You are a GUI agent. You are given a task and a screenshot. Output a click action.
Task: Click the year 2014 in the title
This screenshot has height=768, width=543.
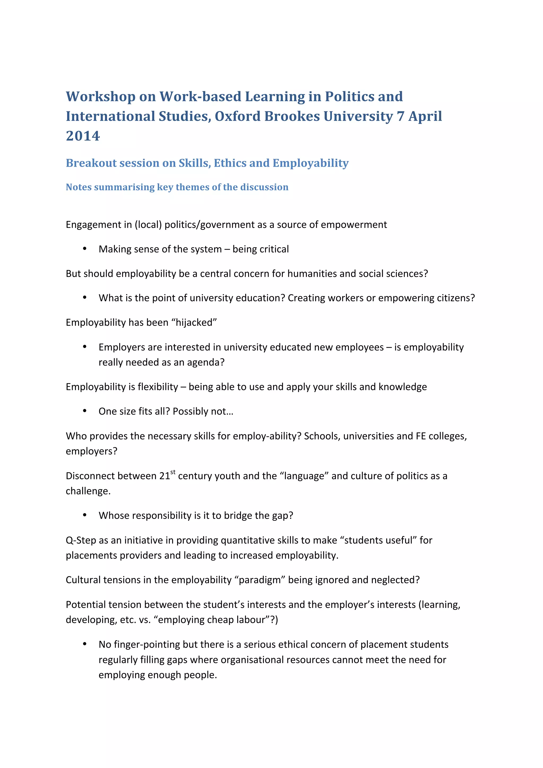pyautogui.click(x=83, y=136)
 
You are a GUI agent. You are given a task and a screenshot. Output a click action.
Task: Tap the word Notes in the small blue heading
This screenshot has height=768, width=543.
pyautogui.click(x=79, y=187)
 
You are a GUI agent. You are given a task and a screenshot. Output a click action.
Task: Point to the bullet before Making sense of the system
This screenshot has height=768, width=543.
pyautogui.click(x=85, y=249)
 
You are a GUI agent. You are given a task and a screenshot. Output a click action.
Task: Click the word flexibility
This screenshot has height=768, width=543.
pyautogui.click(x=157, y=387)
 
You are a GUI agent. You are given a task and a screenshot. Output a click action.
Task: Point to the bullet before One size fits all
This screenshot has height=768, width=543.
pyautogui.click(x=85, y=411)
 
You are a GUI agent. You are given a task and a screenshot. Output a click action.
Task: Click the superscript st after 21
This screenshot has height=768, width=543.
pyautogui.click(x=173, y=472)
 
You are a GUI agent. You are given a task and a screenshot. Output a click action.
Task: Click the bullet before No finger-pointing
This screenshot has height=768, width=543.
pyautogui.click(x=85, y=644)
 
